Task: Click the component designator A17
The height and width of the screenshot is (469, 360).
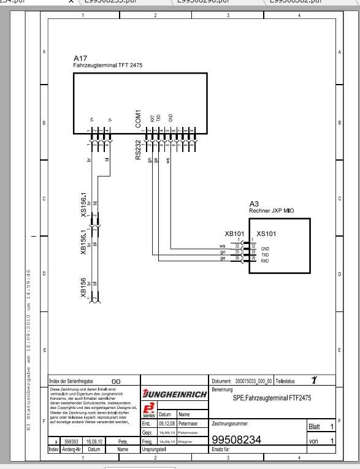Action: pos(80,58)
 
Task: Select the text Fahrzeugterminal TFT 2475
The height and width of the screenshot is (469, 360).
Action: pos(108,64)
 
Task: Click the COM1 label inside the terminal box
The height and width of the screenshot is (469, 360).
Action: pos(138,118)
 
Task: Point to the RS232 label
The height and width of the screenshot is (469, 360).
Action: pos(138,150)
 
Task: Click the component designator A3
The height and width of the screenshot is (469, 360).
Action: pos(254,204)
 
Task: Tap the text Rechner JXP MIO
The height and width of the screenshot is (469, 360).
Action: pos(272,210)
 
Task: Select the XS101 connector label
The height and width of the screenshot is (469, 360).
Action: pos(267,234)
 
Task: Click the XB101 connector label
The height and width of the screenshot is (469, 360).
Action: pos(235,234)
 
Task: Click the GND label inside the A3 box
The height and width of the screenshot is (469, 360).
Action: pos(265,248)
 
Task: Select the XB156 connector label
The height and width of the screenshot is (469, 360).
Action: pos(83,289)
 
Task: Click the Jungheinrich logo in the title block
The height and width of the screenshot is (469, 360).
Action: pos(174,394)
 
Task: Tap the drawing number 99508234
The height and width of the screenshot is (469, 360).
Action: pos(237,440)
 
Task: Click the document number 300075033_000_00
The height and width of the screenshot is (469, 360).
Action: pos(253,380)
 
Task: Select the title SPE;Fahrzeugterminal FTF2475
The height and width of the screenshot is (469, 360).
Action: pos(272,397)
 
